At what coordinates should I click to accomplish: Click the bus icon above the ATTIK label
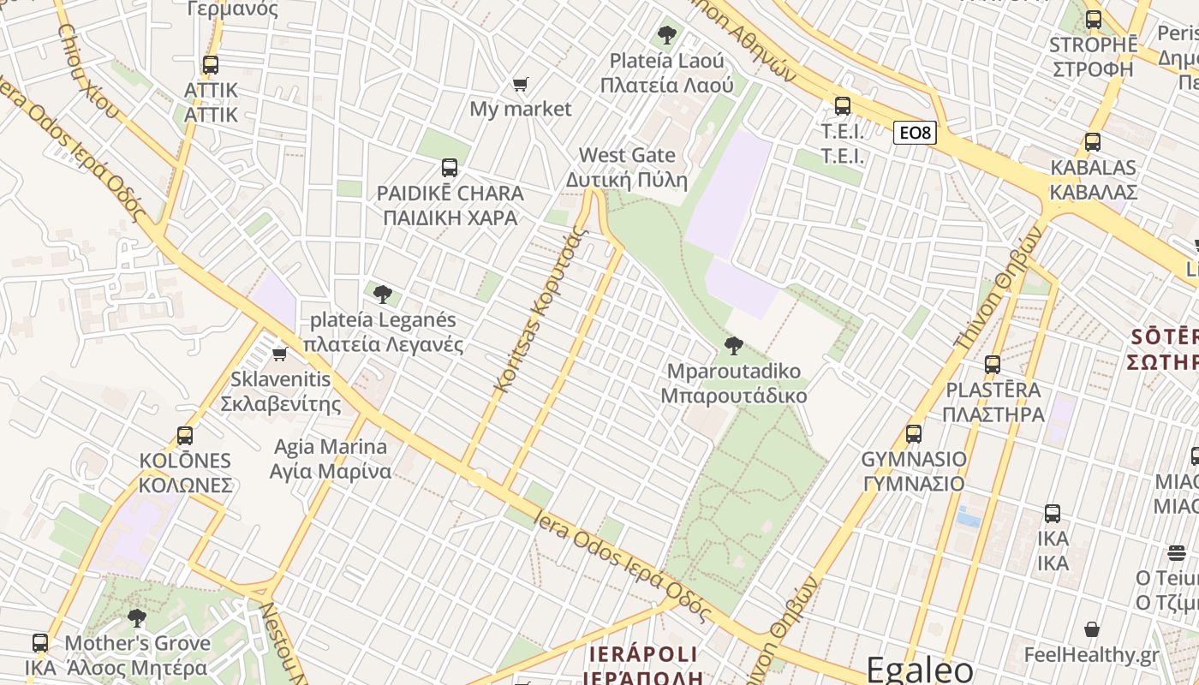click(210, 64)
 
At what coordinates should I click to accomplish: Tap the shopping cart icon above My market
click(520, 84)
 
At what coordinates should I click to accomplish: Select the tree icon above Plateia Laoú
click(666, 35)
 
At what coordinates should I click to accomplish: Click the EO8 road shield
click(915, 133)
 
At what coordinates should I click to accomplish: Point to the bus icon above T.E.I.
click(843, 106)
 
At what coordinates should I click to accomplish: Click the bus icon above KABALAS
click(1093, 142)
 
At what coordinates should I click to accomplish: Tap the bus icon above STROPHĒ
click(1093, 20)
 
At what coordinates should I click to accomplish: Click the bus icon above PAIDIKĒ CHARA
click(450, 168)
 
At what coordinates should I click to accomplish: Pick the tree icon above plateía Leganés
click(382, 295)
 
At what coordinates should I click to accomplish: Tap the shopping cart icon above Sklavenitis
click(280, 354)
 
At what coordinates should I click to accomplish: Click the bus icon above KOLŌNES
click(185, 435)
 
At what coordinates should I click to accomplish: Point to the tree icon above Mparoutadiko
click(733, 346)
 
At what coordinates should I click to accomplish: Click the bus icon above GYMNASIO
click(914, 434)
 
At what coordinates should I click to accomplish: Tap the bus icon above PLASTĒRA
click(993, 365)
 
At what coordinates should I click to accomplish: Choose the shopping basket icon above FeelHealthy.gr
click(1092, 630)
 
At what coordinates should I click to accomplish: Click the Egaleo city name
click(920, 669)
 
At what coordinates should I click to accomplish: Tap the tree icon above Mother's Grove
click(136, 617)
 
